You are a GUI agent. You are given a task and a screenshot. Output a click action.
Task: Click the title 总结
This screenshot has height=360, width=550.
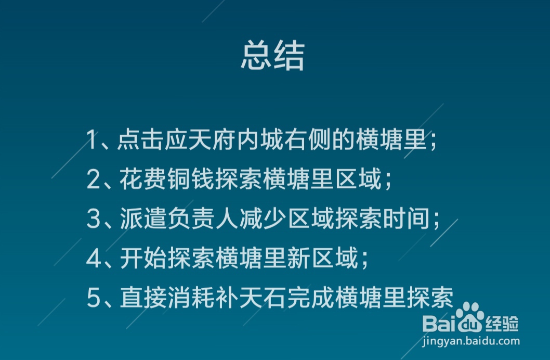(272, 57)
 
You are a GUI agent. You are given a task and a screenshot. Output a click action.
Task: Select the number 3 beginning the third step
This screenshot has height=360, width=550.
(93, 219)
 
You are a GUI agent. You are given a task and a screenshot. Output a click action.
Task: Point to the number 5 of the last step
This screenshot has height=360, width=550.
(93, 299)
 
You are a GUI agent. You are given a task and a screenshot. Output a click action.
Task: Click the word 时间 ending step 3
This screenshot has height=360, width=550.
(417, 219)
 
